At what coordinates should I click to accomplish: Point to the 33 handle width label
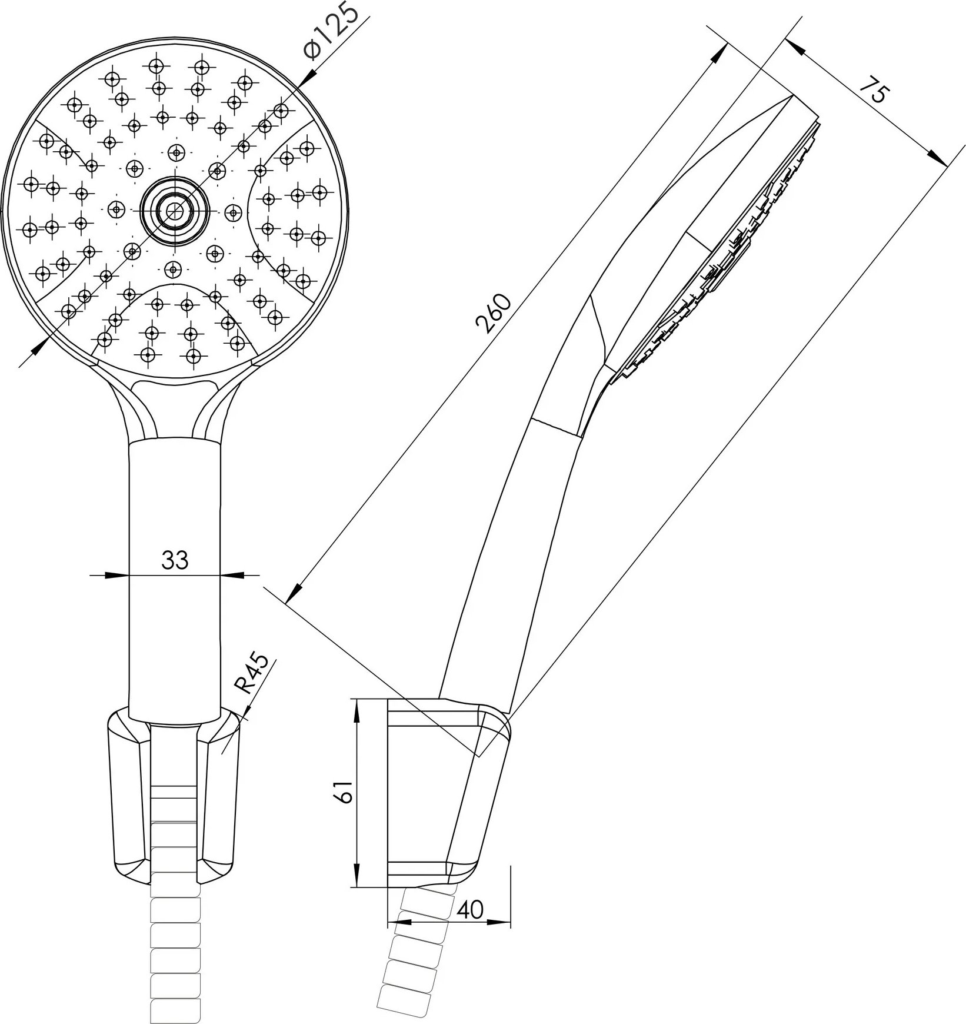175,560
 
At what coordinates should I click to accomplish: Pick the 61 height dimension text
344,792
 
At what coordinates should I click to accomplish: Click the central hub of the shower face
174,211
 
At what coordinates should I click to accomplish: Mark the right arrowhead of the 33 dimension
229,574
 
